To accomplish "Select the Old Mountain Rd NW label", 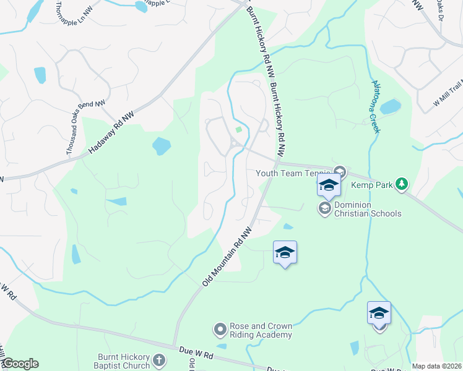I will (x=227, y=256).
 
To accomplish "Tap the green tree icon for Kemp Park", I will (x=402, y=183).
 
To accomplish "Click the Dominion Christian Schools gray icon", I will (x=324, y=209).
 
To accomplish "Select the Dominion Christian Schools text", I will (x=368, y=209).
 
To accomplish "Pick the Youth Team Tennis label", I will (x=291, y=173).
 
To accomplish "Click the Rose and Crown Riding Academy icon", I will (x=220, y=329).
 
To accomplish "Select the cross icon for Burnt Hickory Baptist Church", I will (x=159, y=360).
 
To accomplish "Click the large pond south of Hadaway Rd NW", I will (x=162, y=146).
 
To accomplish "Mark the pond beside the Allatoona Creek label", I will (x=391, y=108).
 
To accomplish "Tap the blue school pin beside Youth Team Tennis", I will (x=329, y=185).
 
